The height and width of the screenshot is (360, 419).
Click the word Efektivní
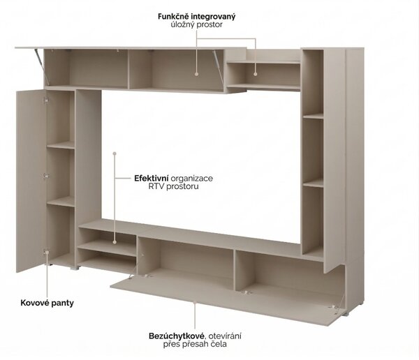(152, 178)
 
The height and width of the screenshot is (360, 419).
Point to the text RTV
(156, 186)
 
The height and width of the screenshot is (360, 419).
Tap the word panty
(63, 303)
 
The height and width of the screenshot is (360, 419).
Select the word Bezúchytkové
(177, 336)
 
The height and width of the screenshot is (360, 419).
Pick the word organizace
(192, 179)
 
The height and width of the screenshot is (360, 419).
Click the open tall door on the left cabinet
(31, 181)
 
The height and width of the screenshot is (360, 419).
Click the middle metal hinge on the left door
(46, 176)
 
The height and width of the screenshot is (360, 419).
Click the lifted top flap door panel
(131, 48)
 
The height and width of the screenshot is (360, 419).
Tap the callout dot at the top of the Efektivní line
(115, 153)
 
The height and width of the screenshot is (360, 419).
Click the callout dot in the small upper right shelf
(256, 74)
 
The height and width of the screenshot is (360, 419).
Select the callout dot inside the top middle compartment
(197, 74)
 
